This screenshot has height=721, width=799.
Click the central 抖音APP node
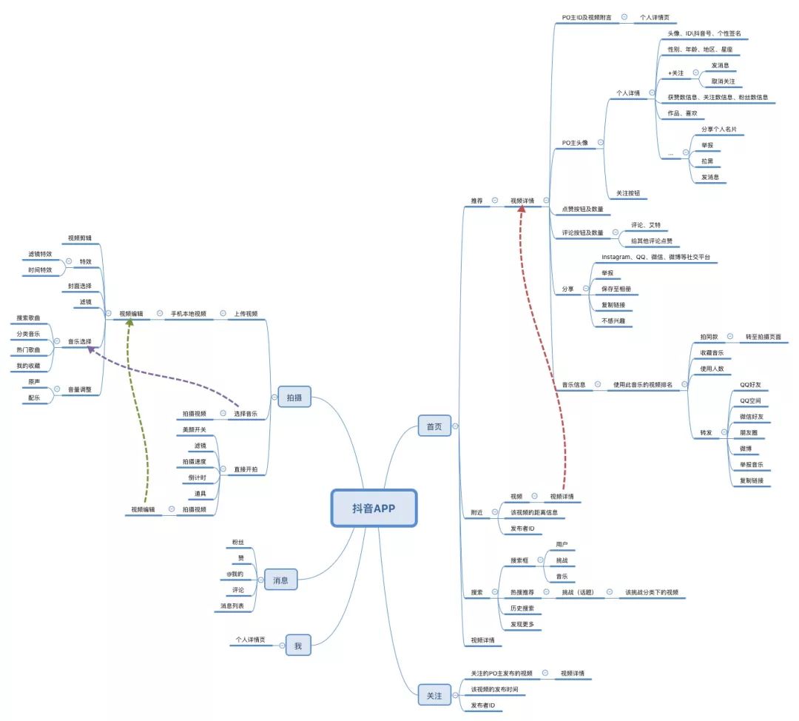[374, 508]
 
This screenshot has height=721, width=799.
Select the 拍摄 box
[294, 398]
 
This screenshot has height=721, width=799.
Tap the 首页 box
[434, 426]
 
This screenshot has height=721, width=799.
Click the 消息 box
[280, 580]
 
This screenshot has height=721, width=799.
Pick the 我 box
[298, 645]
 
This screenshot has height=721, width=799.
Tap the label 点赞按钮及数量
[582, 209]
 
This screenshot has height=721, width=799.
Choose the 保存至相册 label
[616, 289]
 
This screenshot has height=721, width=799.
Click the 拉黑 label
[707, 161]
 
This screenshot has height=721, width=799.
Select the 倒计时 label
[196, 478]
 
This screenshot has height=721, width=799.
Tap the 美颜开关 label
[195, 429]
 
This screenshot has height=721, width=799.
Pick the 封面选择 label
[79, 286]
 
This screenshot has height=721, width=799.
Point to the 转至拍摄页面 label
[763, 337]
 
